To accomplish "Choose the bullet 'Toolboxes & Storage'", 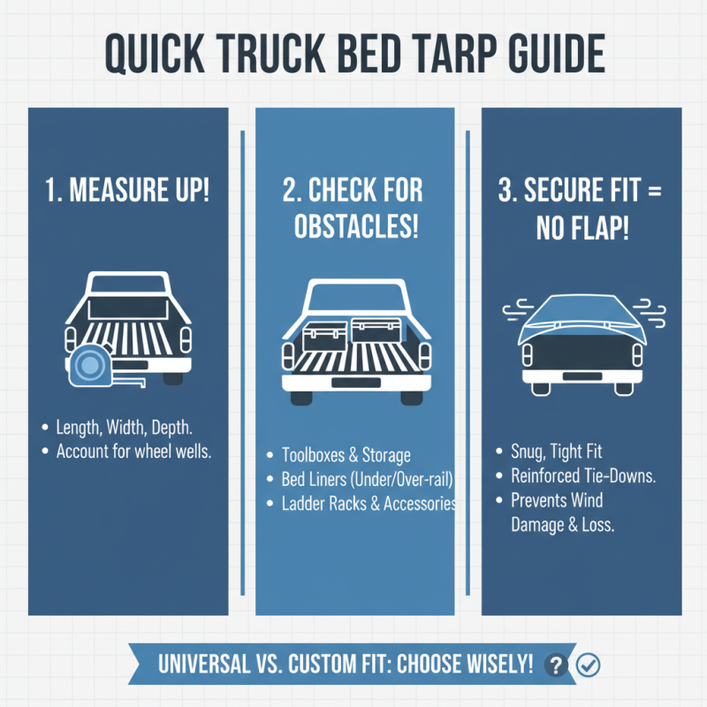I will (x=346, y=456).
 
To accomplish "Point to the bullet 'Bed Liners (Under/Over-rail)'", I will (x=366, y=480).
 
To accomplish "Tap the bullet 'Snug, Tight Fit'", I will (x=558, y=452).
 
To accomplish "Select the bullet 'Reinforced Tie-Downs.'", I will (x=583, y=476).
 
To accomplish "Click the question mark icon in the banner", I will (x=555, y=665).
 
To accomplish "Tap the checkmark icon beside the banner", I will (x=586, y=665).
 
